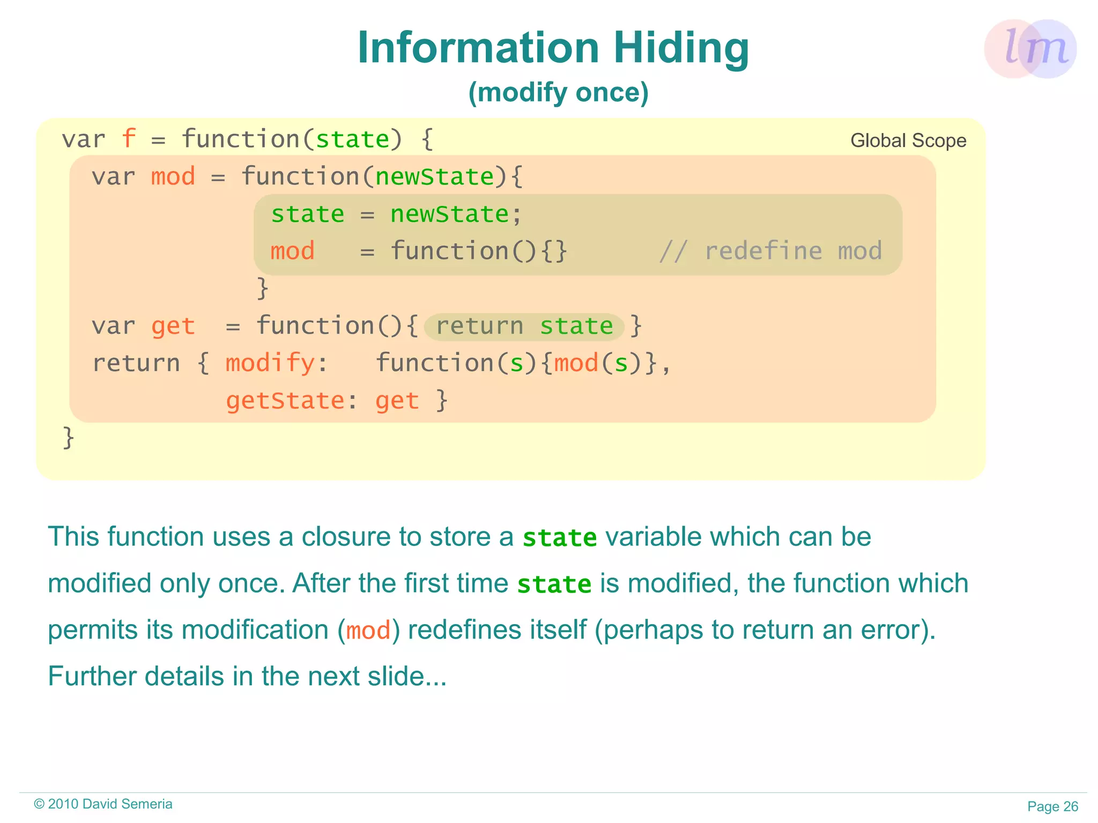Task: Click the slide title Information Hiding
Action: click(x=553, y=48)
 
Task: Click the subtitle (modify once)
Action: click(x=558, y=92)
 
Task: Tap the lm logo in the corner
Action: click(x=1030, y=49)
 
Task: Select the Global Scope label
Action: click(x=908, y=140)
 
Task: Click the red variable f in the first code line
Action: click(x=128, y=139)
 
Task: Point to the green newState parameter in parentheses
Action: click(x=434, y=177)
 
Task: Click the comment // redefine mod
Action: click(x=770, y=251)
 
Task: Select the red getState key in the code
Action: click(x=285, y=401)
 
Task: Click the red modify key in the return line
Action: click(x=270, y=364)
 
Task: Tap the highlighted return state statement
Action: click(x=524, y=327)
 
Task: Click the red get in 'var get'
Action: click(x=173, y=327)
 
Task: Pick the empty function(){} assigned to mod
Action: click(x=478, y=251)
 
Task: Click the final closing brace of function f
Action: click(x=68, y=438)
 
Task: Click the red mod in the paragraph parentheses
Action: click(x=368, y=631)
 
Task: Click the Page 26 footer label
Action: click(x=1052, y=806)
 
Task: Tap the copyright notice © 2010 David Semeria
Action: click(x=103, y=804)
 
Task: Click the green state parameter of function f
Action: click(x=352, y=139)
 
